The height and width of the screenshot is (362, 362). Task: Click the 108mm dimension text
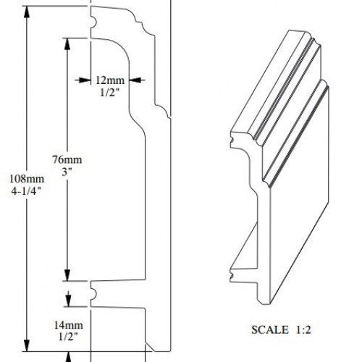coord(27,179)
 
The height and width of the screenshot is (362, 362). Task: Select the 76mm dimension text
coord(67,159)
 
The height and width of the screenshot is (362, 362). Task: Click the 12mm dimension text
coord(110,80)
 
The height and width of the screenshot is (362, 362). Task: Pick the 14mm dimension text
coord(68,325)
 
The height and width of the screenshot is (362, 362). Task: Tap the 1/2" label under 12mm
coord(110,92)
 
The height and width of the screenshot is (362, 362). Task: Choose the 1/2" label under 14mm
coord(68,337)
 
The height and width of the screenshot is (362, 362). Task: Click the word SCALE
coord(270,329)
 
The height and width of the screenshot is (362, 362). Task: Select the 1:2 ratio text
coord(303,329)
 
